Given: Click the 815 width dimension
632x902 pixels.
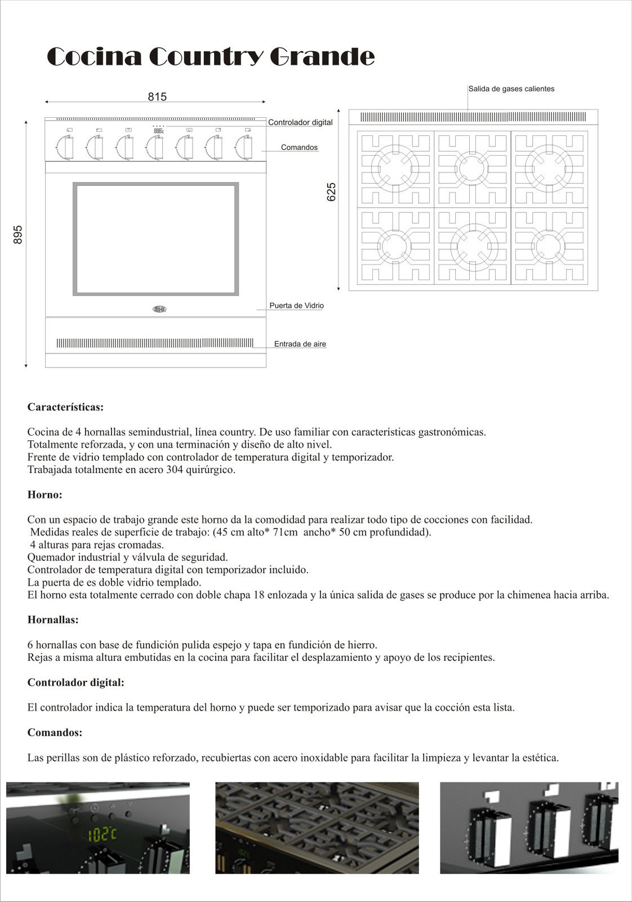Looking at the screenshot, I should tap(157, 97).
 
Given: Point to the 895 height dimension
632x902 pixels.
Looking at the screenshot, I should tap(18, 235).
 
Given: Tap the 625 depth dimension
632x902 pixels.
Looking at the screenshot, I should tap(331, 192).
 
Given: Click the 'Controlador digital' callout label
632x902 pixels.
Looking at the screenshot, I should tap(300, 122).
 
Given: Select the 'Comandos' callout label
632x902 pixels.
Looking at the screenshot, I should tap(299, 147).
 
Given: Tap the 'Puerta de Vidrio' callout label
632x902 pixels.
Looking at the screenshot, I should tap(296, 306).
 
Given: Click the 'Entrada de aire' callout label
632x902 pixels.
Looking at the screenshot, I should tap(300, 344).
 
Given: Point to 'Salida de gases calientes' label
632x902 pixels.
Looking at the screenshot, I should tap(511, 89).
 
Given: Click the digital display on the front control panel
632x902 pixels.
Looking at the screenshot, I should tap(158, 131).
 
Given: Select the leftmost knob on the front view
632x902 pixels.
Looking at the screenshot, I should tap(67, 147).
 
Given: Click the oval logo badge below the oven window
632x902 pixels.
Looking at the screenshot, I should tap(159, 308).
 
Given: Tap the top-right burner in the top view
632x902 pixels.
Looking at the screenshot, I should tap(549, 167).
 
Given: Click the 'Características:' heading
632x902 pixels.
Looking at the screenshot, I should tap(65, 407).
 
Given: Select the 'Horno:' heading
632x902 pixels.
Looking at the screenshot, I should tap(44, 495).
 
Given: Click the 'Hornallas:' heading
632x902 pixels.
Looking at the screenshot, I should tap(53, 620).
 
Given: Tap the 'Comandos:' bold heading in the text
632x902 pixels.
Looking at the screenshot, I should tap(55, 733).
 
